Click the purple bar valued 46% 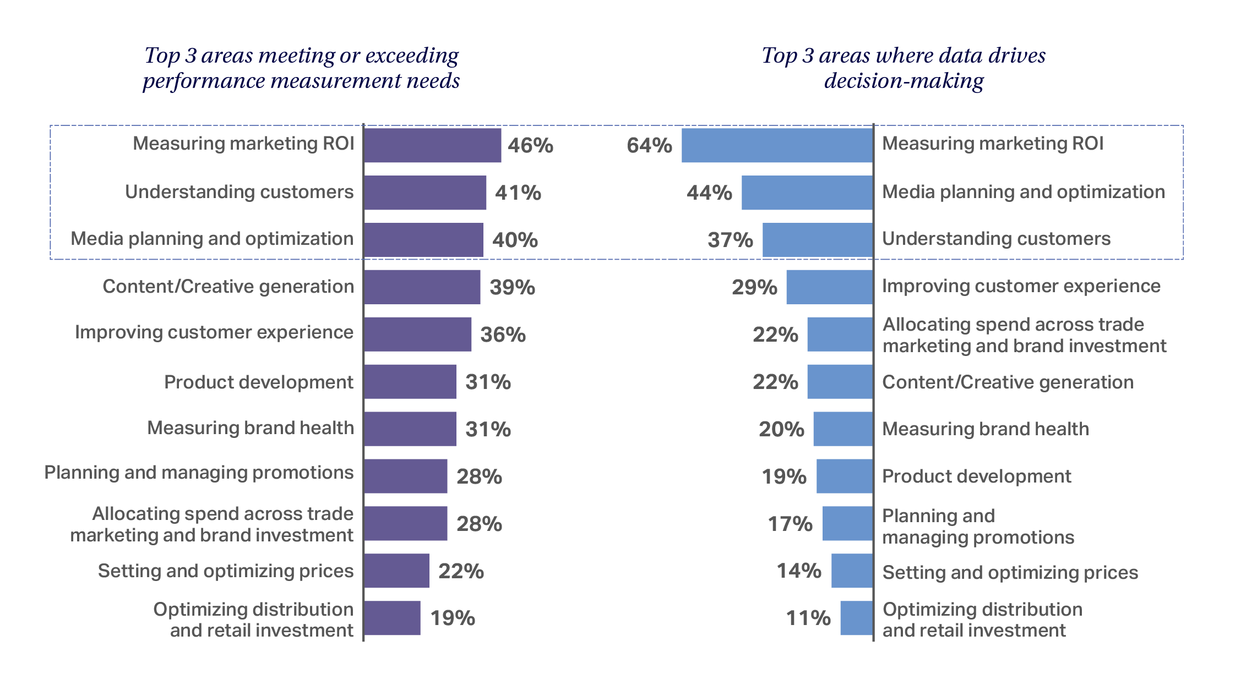(433, 145)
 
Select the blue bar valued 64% (777, 145)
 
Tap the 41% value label (518, 193)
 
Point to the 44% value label (709, 193)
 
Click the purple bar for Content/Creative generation (422, 287)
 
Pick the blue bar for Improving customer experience (829, 287)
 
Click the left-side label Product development (258, 382)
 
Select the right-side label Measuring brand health (985, 429)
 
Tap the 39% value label (512, 287)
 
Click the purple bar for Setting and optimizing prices (396, 571)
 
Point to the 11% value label (808, 618)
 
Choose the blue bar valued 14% (852, 571)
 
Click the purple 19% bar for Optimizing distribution (392, 618)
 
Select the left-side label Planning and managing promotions (198, 473)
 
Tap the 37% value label (730, 240)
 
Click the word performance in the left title (203, 81)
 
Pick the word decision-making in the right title (903, 81)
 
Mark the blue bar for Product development (844, 476)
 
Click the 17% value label (790, 524)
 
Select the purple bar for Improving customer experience (418, 334)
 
